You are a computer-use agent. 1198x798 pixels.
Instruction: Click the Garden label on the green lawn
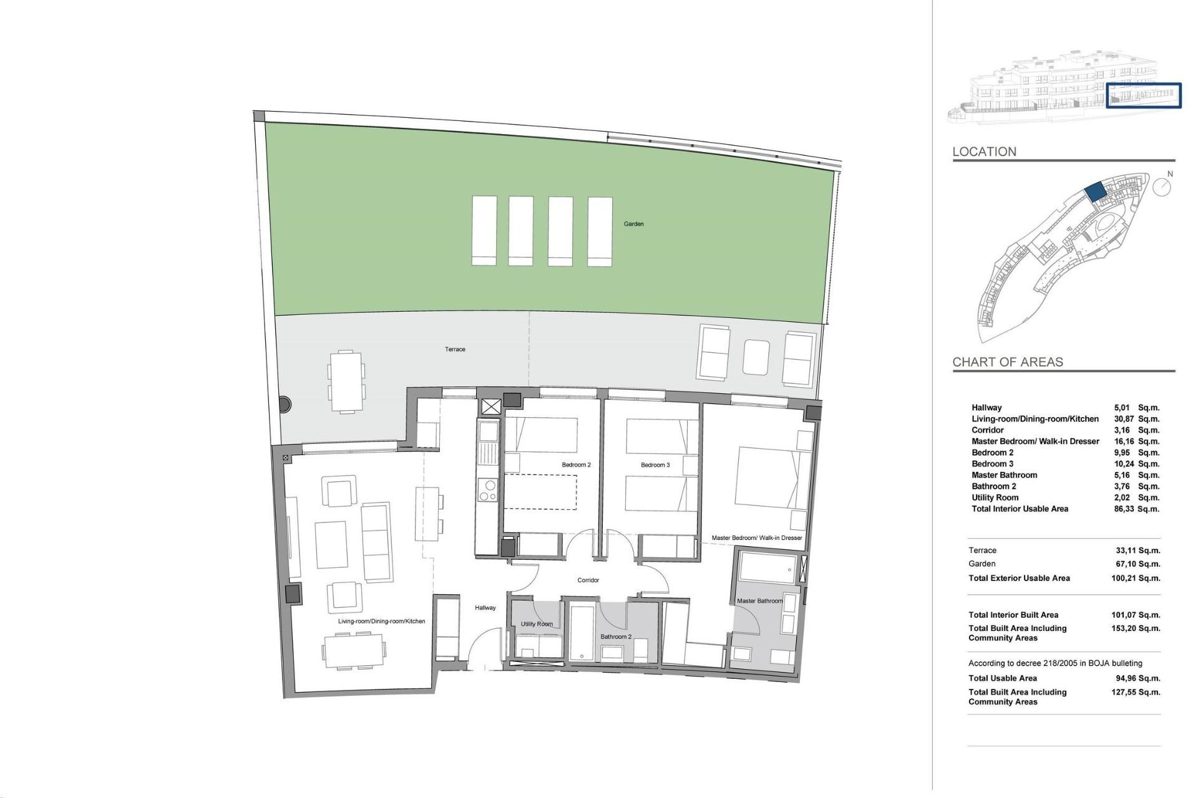[633, 224]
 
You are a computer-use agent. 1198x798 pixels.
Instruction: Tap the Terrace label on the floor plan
[455, 349]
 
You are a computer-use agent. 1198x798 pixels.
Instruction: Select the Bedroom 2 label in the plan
[576, 464]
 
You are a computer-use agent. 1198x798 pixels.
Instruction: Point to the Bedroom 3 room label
[655, 464]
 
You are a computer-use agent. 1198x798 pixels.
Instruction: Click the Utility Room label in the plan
[537, 623]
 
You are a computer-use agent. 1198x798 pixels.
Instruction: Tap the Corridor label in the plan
[588, 580]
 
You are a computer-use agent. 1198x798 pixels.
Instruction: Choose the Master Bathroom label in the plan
[759, 601]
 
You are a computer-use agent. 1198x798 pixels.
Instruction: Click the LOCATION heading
[984, 151]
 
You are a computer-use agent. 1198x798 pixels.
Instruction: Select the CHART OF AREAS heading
[1007, 362]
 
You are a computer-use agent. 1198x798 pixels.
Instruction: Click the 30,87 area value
[1124, 419]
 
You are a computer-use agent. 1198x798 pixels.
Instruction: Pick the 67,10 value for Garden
[1125, 564]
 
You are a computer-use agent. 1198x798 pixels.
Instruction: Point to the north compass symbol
[1161, 186]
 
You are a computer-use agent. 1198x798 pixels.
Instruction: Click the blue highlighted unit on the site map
[1094, 191]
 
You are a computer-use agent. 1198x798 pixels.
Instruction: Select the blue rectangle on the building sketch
[1144, 95]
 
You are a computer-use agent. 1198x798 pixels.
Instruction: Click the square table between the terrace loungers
[756, 357]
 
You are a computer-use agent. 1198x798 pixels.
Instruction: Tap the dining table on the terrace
[346, 381]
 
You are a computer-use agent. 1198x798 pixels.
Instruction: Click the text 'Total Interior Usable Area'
[1020, 509]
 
